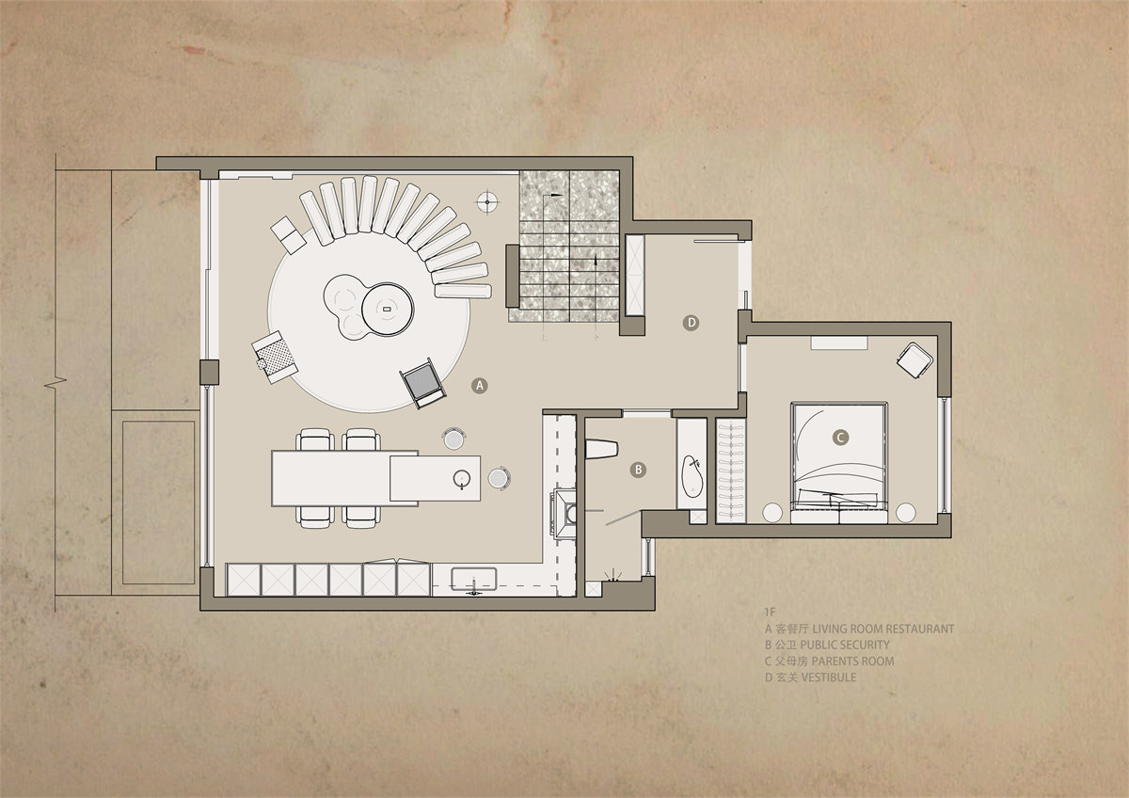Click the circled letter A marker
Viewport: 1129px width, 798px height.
(x=479, y=386)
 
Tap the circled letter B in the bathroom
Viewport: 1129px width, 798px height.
(x=638, y=470)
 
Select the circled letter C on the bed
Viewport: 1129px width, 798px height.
(x=839, y=437)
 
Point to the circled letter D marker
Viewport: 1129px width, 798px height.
(x=691, y=323)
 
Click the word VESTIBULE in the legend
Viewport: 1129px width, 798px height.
(x=829, y=677)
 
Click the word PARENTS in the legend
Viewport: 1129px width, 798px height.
(x=835, y=661)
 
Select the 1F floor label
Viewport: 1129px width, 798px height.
(x=770, y=613)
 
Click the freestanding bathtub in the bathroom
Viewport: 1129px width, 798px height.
(x=692, y=476)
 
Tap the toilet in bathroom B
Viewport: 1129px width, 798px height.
(x=601, y=449)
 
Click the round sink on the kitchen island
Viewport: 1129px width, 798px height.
(x=462, y=478)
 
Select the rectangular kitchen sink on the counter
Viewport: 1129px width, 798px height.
(x=474, y=580)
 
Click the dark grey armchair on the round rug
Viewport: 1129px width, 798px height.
(x=422, y=383)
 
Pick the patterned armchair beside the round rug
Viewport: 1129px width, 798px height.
(x=275, y=357)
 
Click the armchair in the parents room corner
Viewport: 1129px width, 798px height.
(x=914, y=359)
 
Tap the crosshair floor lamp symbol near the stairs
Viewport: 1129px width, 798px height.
(x=488, y=201)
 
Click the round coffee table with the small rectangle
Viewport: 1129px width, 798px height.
(x=388, y=309)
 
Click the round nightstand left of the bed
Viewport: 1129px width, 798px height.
(x=772, y=513)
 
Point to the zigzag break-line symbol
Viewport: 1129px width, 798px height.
(x=56, y=382)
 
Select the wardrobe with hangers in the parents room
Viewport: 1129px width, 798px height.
(x=730, y=471)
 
